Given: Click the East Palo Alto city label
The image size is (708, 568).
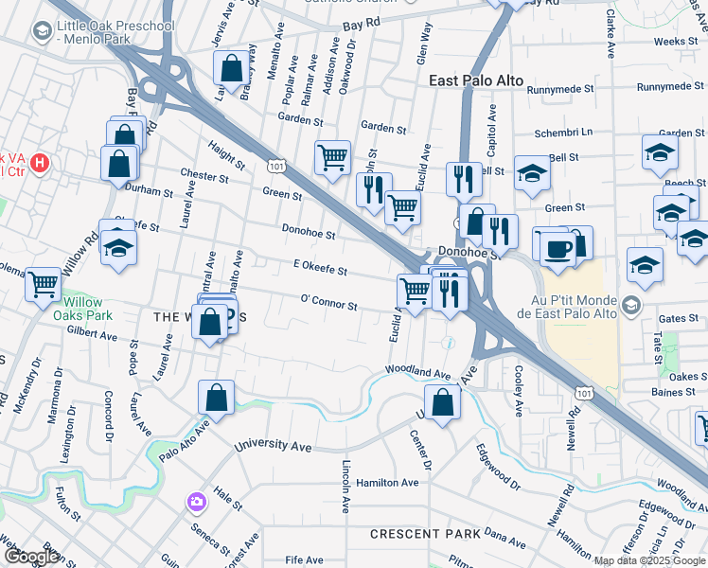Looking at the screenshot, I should point(477,80).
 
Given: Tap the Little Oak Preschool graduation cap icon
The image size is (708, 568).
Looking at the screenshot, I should point(42,32).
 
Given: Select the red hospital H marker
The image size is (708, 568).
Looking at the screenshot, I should point(40,163).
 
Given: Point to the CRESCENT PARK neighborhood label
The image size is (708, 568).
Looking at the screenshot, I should point(425,534).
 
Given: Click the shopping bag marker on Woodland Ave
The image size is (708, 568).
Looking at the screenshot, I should point(442,401).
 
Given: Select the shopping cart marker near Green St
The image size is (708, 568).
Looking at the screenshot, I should point(332,157).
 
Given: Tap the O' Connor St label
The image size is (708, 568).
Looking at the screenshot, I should point(328,305).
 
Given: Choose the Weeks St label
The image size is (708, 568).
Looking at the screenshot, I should point(675,42).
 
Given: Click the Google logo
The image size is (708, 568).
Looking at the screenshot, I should point(31,557).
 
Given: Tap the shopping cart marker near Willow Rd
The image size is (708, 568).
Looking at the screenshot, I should point(44,283).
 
